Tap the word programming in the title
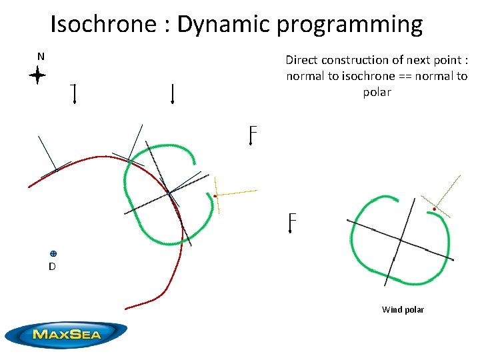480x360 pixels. [x=349, y=25]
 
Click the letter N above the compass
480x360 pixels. [x=41, y=57]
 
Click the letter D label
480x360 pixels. [x=51, y=267]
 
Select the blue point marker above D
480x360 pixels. [x=53, y=253]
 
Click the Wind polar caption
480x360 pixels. [x=403, y=309]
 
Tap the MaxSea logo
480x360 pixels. [x=66, y=333]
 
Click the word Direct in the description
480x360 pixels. [x=302, y=59]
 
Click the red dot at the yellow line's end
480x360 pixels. [x=215, y=196]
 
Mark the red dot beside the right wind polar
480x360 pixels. [x=434, y=209]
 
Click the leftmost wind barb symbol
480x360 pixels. [x=73, y=95]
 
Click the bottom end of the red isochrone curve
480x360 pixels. [x=126, y=309]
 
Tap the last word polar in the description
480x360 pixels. [x=377, y=92]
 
